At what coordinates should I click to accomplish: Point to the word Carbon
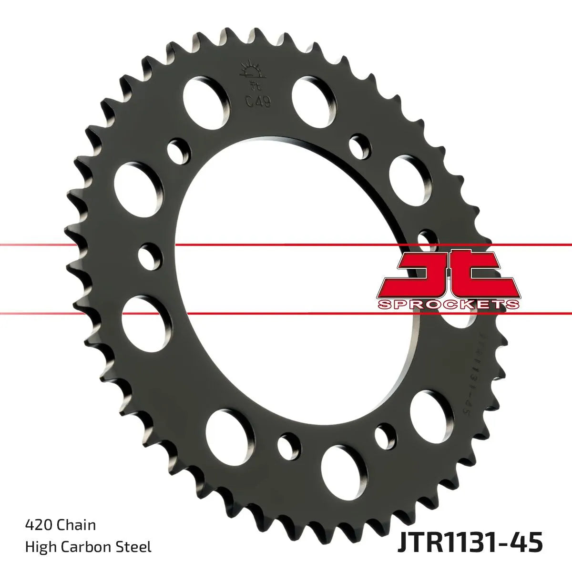[x=91, y=547]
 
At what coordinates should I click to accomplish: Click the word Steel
[x=136, y=547]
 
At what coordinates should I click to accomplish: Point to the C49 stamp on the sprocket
[x=258, y=101]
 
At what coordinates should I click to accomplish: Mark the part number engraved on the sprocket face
[x=484, y=372]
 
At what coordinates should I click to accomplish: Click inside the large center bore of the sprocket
[x=286, y=286]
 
